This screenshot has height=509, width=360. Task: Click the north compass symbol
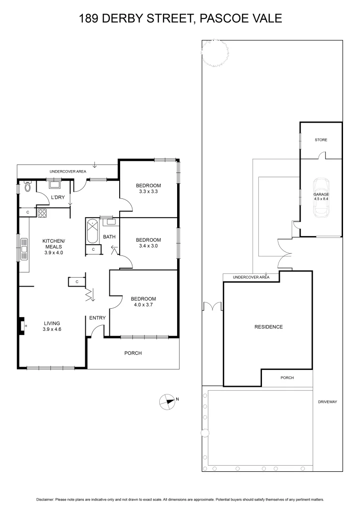coord(167,401)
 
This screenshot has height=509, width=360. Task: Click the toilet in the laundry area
coord(27,187)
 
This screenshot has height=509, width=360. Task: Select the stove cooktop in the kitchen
coord(42,213)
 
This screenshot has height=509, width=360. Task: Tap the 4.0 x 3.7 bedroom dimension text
coord(143,305)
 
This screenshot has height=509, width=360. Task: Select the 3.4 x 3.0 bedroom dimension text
coord(149,246)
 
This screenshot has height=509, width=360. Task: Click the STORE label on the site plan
coord(321,140)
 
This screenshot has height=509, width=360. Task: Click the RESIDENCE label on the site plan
coord(268,327)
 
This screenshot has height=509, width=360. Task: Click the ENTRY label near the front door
coord(98,318)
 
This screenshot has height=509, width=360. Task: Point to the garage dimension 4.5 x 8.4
coord(321,199)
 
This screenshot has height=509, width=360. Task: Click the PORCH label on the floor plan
coord(133,353)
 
